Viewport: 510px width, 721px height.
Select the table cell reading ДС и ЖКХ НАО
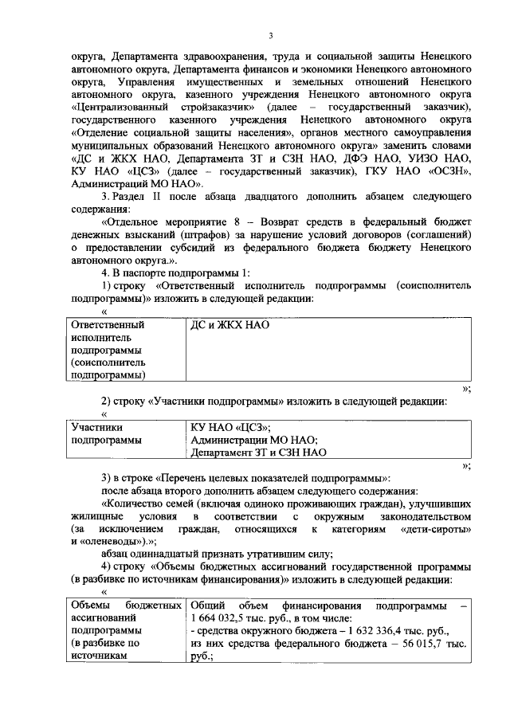click(230, 325)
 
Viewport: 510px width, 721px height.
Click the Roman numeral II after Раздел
click(163, 196)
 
